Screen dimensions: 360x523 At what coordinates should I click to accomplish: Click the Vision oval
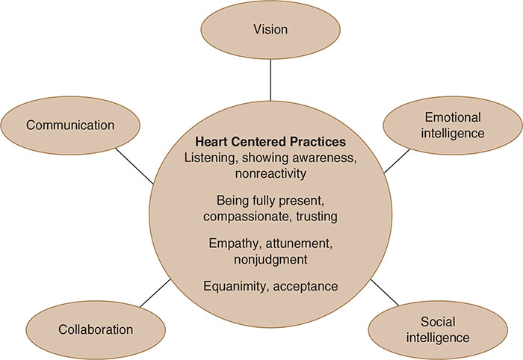tap(270, 30)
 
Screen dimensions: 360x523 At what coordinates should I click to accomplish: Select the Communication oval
tap(70, 125)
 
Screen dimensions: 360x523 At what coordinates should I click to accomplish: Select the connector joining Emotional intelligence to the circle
tap(397, 161)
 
